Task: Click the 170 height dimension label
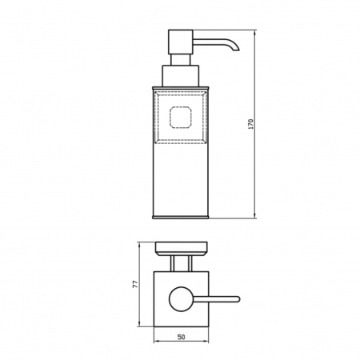point(250,124)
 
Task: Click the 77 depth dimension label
point(136,284)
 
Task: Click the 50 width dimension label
point(181,337)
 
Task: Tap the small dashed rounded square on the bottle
point(181,117)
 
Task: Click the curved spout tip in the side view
point(236,48)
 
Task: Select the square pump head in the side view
point(181,42)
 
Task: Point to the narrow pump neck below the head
point(181,60)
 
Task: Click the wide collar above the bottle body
point(181,76)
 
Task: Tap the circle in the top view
point(181,299)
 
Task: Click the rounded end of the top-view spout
point(238,299)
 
